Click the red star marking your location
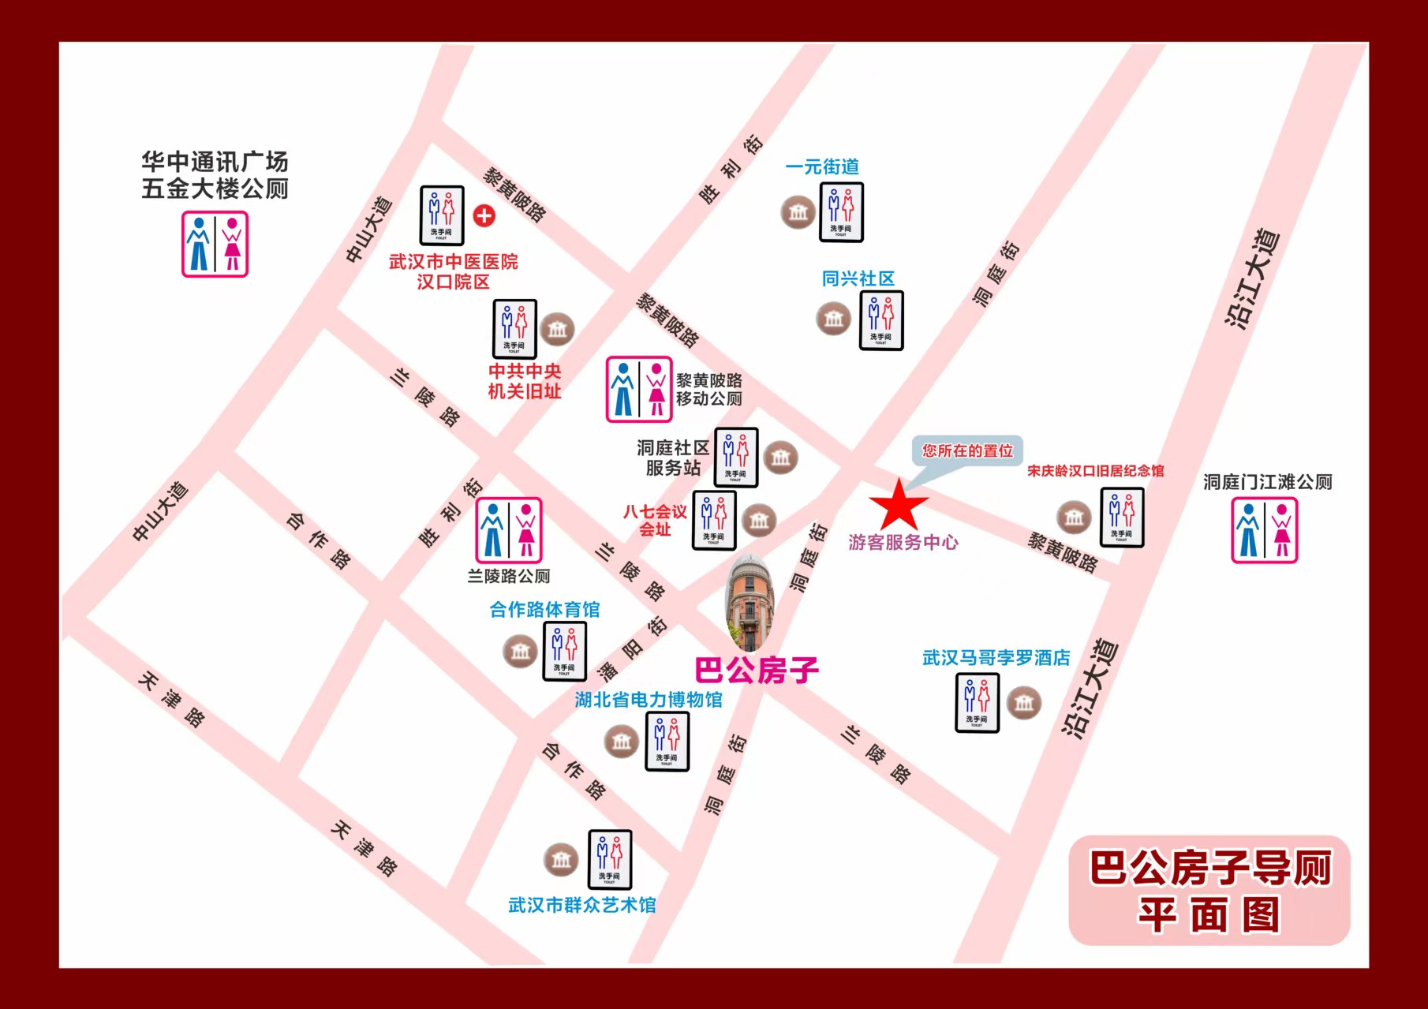coord(899,506)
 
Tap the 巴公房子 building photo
coord(749,604)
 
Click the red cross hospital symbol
coord(484,215)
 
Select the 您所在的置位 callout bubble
coord(967,451)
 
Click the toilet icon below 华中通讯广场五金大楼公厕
coord(215,245)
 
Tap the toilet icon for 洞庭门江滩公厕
coord(1264,530)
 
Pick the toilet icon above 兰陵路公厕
coord(508,530)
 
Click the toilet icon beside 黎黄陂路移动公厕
coord(639,390)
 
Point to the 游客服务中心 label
coord(903,543)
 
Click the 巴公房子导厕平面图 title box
coord(1209,891)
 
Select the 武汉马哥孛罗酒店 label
coord(996,658)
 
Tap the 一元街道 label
coord(822,167)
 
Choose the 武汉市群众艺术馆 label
coord(581,906)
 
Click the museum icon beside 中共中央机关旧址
coord(557,329)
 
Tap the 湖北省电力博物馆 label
coord(648,700)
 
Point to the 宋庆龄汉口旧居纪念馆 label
coord(1095,471)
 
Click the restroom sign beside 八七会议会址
coord(714,520)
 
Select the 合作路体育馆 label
coord(544,610)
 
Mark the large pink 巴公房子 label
coord(757,671)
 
